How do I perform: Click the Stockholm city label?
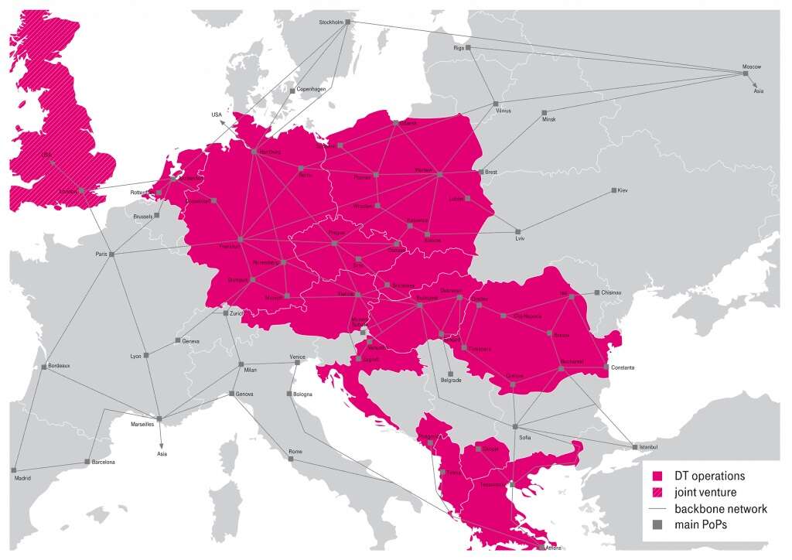point(330,22)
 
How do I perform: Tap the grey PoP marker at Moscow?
point(746,73)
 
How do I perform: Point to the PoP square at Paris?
point(111,254)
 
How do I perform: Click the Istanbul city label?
point(649,448)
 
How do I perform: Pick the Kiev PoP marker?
point(613,190)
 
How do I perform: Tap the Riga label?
point(458,48)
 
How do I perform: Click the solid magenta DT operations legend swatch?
point(657,476)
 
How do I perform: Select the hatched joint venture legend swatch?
point(657,492)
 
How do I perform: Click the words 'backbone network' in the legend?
point(720,509)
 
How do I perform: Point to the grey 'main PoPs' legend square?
point(657,525)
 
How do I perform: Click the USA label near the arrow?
point(216,114)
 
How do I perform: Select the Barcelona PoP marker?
point(87,462)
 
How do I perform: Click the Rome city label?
point(295,451)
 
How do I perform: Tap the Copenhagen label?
point(312,90)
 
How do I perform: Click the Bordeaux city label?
point(60,364)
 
